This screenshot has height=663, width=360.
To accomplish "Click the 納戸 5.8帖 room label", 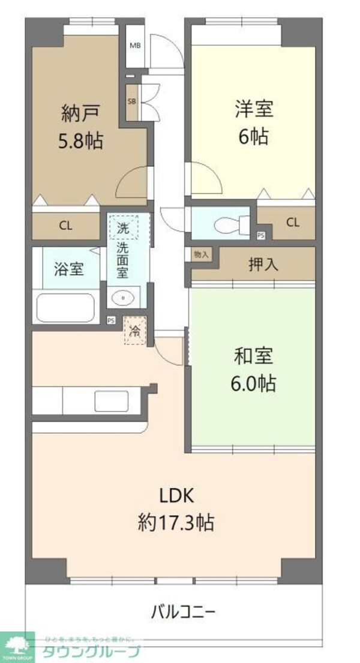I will coord(80,127).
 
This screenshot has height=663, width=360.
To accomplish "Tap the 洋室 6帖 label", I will coord(253,122).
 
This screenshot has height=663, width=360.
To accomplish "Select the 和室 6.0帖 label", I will coord(253,369).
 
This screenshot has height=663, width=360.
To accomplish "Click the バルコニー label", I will coord(183,613).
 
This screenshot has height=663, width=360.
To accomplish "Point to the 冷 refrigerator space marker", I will coord(135,331).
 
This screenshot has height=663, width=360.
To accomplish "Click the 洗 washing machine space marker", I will coord(124,227).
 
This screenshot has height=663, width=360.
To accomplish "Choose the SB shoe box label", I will coord(132,101).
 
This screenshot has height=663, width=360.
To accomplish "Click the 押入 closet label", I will coord(263,265).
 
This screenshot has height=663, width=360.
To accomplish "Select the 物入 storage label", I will coord(201,254).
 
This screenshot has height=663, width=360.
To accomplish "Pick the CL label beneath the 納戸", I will coord(65,226).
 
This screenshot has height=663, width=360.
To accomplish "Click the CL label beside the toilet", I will coord(292,223).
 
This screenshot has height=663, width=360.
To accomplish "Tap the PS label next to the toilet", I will coord(261,236).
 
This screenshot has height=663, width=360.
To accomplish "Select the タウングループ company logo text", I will coord(90,653).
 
